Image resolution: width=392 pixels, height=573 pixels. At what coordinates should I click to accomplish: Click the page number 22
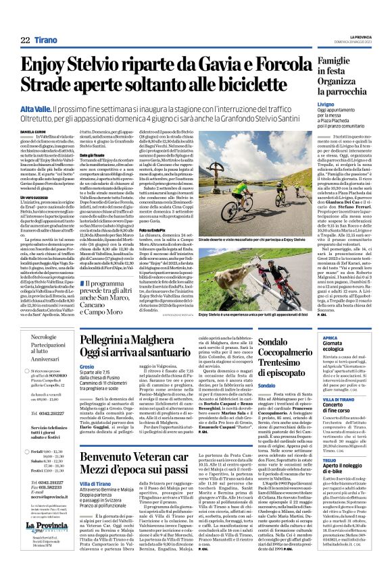pos(24,40)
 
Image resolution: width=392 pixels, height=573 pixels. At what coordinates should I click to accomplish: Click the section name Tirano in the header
pos(47,40)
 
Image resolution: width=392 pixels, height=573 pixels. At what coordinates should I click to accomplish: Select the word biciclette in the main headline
pos(265,84)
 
